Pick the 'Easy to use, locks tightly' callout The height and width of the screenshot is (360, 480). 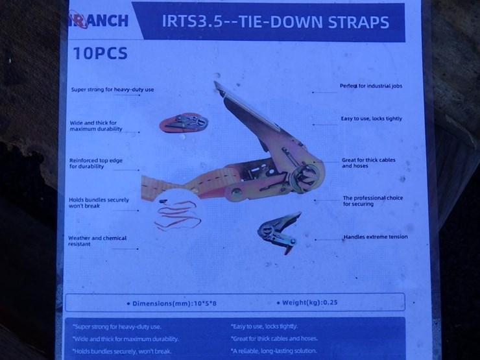click(372, 119)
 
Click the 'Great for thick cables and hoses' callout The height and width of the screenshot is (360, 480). click(368, 163)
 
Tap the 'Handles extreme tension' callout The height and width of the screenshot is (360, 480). click(376, 237)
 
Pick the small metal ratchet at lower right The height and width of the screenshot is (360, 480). click(278, 232)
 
